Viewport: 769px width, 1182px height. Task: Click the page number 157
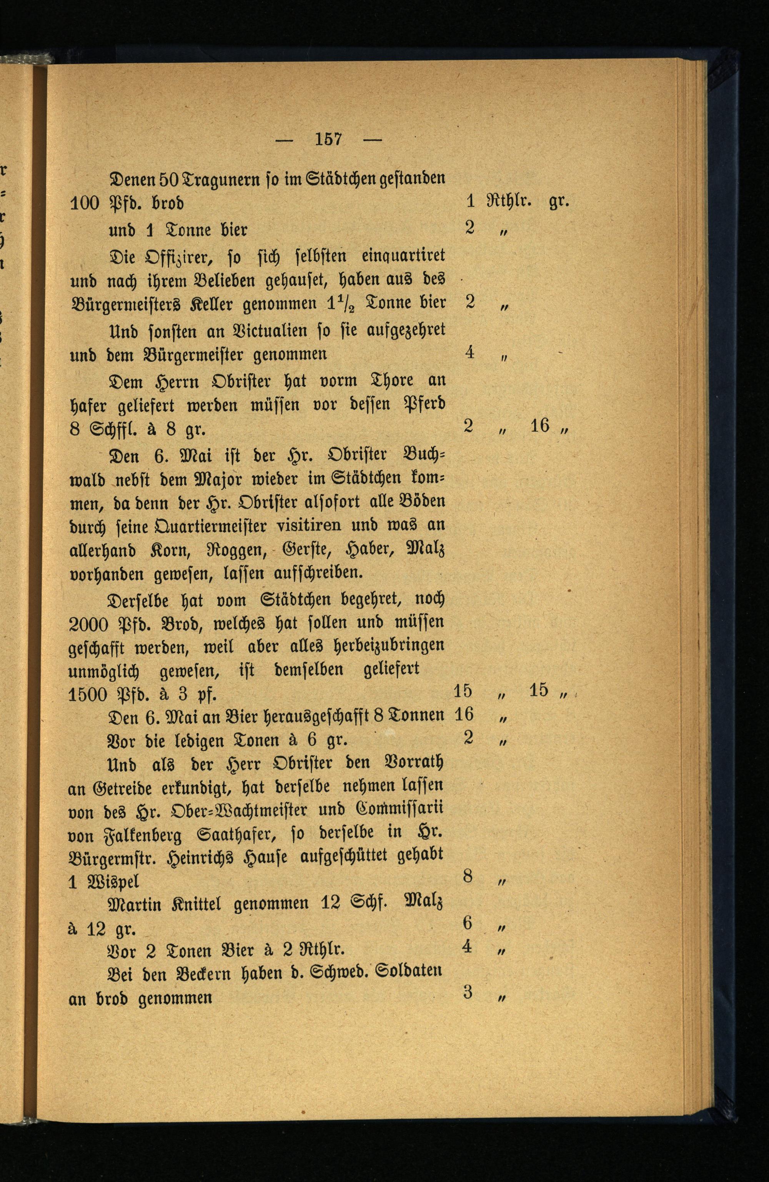coord(329,139)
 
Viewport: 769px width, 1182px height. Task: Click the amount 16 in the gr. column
coord(540,425)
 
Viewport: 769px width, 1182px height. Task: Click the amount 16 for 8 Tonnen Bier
coord(464,715)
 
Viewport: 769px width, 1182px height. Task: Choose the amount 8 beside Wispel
coord(467,876)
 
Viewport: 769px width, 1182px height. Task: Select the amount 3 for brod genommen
coord(467,992)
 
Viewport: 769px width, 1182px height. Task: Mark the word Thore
coord(382,381)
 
